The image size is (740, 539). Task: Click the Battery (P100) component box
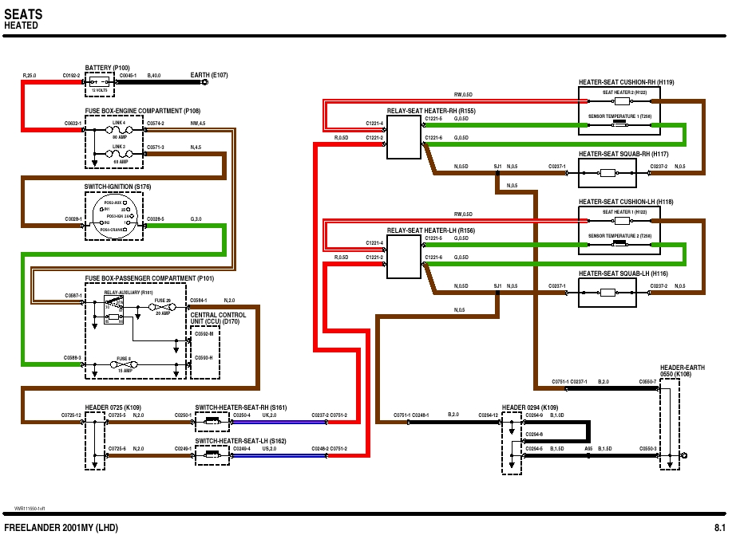click(x=101, y=82)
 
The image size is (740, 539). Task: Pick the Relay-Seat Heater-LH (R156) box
click(x=403, y=255)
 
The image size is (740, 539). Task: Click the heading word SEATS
click(x=23, y=14)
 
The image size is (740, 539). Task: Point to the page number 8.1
click(x=719, y=528)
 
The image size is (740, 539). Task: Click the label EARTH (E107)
click(x=209, y=75)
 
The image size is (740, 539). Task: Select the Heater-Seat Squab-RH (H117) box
click(x=607, y=172)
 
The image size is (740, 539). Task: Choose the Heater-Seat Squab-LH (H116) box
click(x=607, y=293)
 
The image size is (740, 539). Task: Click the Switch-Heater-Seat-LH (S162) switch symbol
click(x=212, y=454)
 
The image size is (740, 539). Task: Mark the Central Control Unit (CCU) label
click(x=218, y=318)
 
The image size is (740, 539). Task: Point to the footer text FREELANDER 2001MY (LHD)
click(x=56, y=528)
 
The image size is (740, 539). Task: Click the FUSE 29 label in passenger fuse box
click(x=163, y=299)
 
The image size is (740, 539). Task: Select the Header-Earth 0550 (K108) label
click(x=675, y=371)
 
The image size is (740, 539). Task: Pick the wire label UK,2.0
click(x=268, y=415)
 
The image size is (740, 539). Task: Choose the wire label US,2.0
click(x=268, y=449)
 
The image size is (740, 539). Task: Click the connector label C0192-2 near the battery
click(x=72, y=76)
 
